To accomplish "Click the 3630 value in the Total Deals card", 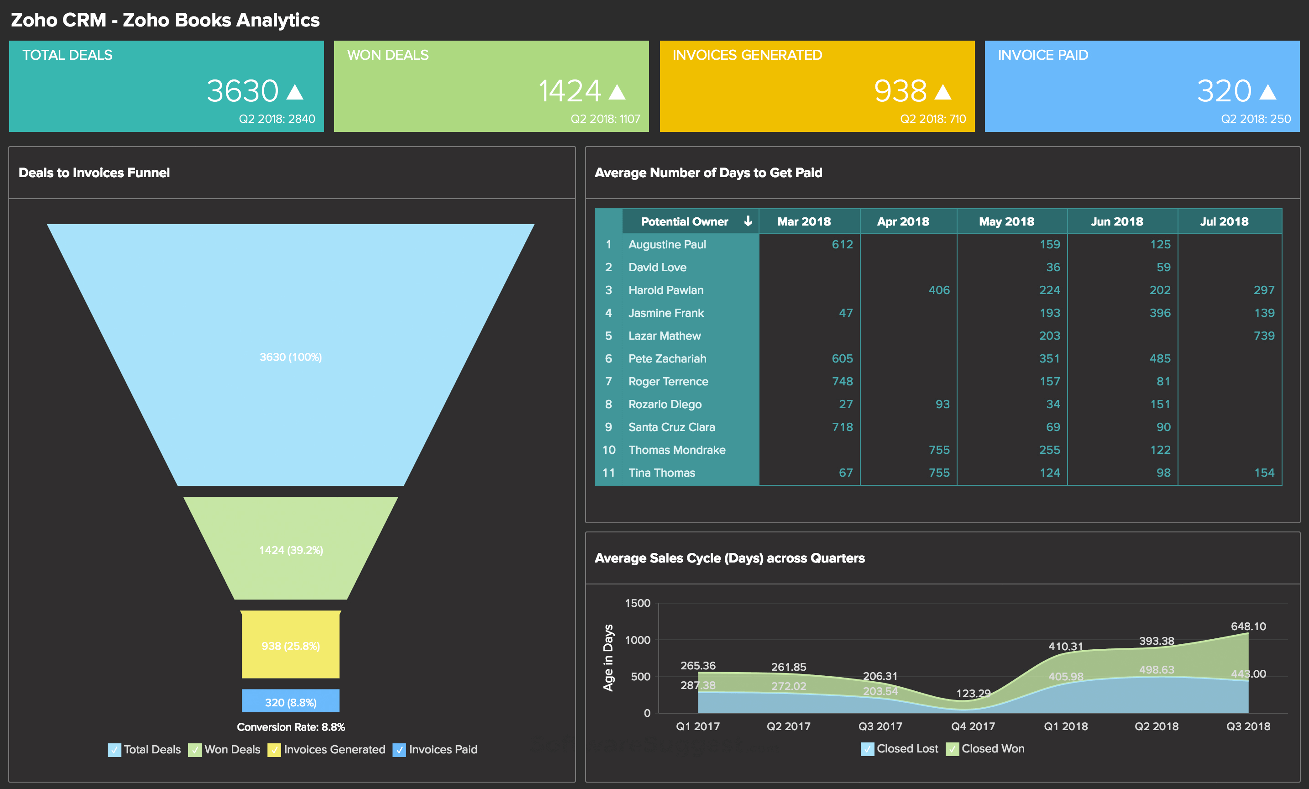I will click(x=242, y=91).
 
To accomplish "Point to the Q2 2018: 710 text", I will click(x=932, y=119).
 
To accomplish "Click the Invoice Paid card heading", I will click(x=1042, y=55).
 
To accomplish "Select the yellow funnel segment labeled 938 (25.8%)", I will click(x=291, y=646).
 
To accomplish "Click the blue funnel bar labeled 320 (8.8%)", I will click(x=291, y=702).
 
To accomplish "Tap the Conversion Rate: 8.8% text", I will click(x=291, y=727).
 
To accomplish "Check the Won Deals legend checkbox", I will click(x=194, y=750).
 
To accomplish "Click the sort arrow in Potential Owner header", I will click(x=748, y=221).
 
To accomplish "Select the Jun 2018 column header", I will click(x=1117, y=221).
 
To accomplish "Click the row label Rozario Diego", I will click(x=665, y=405).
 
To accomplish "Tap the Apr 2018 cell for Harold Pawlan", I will click(x=939, y=290).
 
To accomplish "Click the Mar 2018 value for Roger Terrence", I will click(x=842, y=381).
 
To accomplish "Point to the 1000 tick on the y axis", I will click(x=637, y=640).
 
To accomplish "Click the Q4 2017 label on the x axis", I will click(x=972, y=726).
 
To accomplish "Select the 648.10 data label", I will click(x=1248, y=626).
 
